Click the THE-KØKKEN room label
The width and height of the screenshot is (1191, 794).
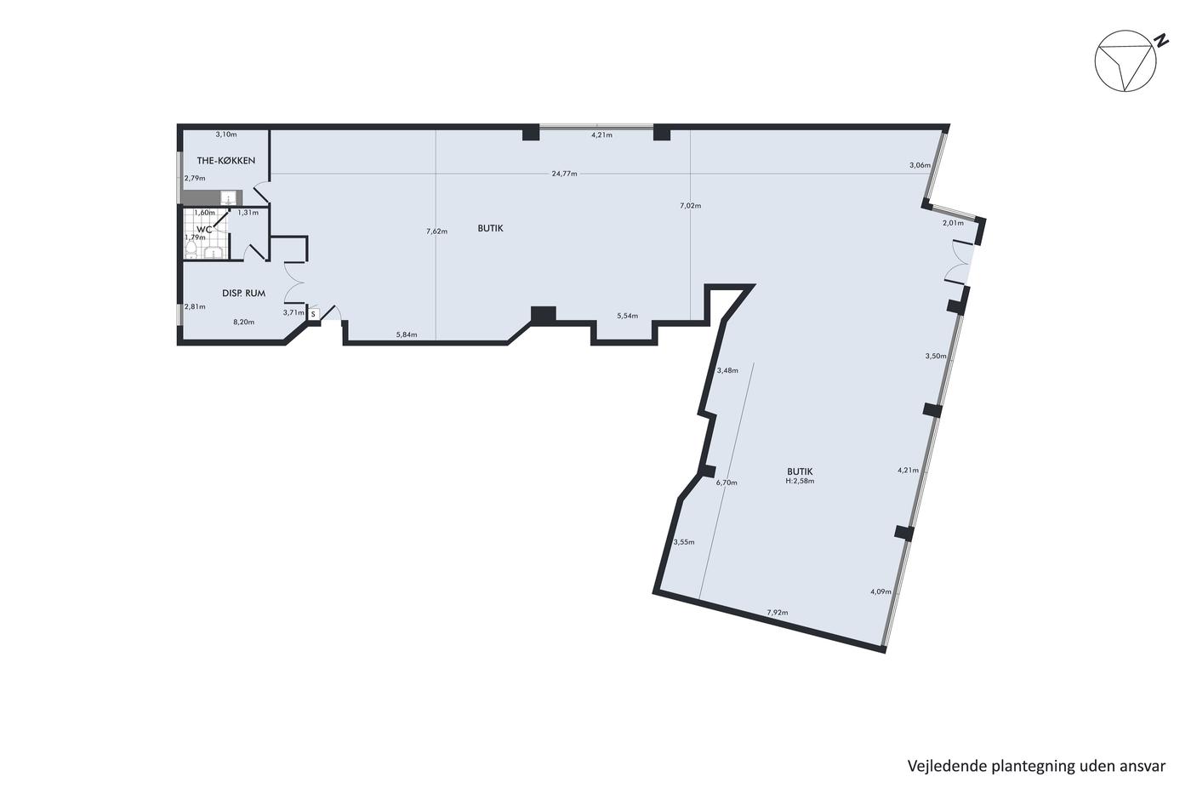click(x=226, y=161)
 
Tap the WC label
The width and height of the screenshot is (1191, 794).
click(x=204, y=230)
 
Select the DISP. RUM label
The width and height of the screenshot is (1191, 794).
click(x=243, y=293)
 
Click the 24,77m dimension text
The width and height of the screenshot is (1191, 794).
click(x=564, y=174)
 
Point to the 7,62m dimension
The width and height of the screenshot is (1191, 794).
click(x=436, y=231)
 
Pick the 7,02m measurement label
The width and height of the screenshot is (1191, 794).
click(x=690, y=205)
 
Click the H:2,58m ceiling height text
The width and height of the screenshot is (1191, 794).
click(x=800, y=481)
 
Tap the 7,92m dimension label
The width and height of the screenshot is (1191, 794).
click(x=778, y=612)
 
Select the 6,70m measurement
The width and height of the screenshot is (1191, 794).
click(x=727, y=483)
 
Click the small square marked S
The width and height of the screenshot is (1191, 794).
click(x=313, y=314)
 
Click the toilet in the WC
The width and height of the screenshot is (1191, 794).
click(x=191, y=250)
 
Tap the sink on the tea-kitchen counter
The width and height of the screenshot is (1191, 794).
click(x=228, y=198)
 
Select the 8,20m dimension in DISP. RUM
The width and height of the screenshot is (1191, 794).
click(x=243, y=322)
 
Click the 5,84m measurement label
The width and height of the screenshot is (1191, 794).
click(x=407, y=334)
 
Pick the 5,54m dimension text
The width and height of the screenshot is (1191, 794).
click(x=627, y=316)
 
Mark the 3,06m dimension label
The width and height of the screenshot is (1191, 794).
click(x=920, y=165)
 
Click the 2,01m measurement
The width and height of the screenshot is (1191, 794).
click(x=953, y=223)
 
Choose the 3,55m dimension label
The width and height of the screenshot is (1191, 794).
click(x=684, y=542)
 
